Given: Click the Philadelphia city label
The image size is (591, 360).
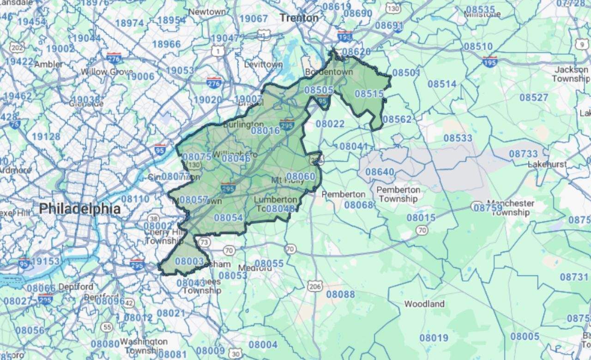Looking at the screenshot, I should tap(79, 209).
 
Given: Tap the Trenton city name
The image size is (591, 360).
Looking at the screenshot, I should tap(299, 18).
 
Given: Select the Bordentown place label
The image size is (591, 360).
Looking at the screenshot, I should tap(329, 72).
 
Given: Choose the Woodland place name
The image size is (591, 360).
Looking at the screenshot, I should tap(424, 304).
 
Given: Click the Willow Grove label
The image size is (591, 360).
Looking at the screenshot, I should tap(107, 72).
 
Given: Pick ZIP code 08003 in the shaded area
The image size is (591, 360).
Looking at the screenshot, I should tap(189, 261).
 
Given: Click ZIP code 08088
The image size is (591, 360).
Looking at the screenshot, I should tap(341, 294).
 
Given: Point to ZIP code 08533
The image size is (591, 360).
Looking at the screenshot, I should tap(458, 138).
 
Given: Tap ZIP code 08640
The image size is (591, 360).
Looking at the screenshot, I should tap(380, 172).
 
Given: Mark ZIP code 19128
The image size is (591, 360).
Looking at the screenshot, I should tap(46, 137).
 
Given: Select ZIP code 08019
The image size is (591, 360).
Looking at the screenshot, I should tap(434, 338).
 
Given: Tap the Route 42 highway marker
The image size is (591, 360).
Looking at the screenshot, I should tap(129, 303).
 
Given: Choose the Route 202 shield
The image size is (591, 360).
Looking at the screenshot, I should tap(17, 48).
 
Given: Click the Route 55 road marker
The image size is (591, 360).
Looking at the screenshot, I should tap(107, 327).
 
